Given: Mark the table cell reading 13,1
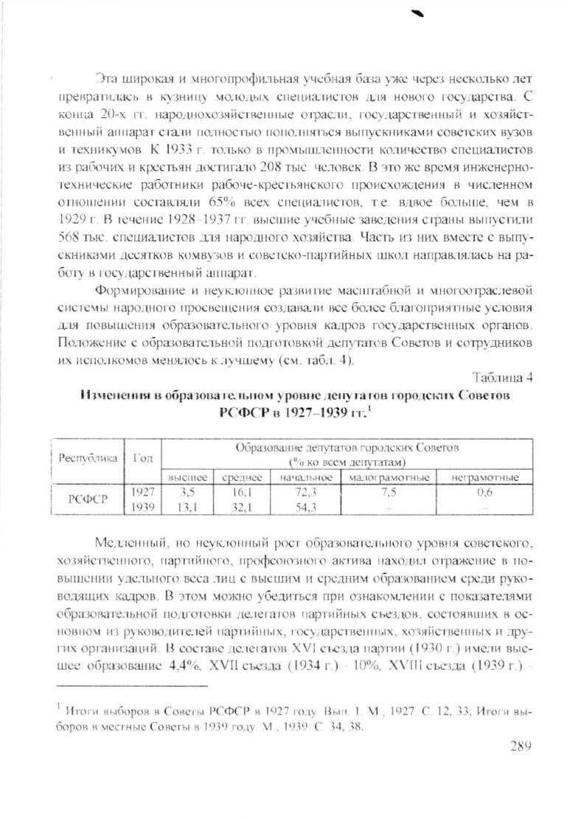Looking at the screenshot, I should [x=187, y=508].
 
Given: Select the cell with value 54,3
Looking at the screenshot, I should [x=305, y=508].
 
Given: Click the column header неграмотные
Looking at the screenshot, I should [x=484, y=477].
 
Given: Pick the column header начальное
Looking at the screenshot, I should [x=305, y=477].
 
